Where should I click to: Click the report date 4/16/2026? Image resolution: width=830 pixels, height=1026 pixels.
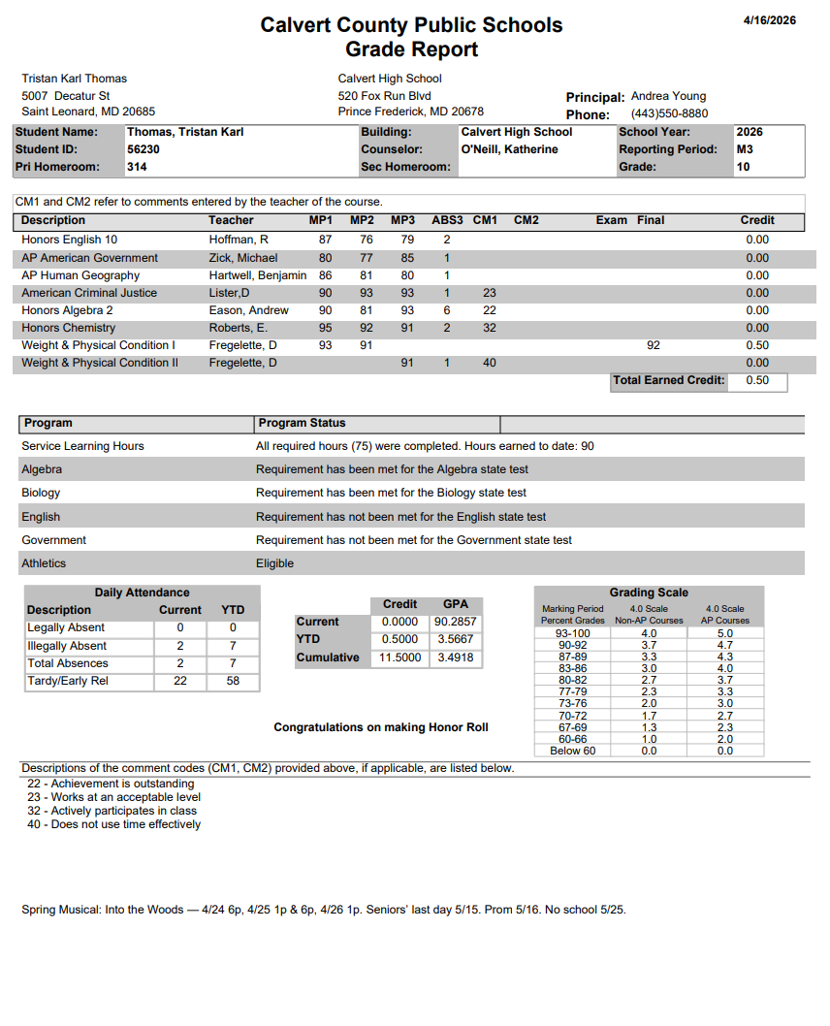(x=769, y=20)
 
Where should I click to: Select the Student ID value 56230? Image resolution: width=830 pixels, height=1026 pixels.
(x=144, y=149)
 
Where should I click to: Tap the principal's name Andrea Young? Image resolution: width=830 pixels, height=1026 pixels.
(x=668, y=96)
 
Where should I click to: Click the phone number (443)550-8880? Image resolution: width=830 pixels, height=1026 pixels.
(x=669, y=113)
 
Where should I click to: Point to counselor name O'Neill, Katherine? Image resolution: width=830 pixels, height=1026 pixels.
(x=509, y=149)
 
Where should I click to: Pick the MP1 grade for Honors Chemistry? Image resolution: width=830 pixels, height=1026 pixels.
(x=326, y=328)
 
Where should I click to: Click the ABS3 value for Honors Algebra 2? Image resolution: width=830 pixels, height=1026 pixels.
(x=447, y=310)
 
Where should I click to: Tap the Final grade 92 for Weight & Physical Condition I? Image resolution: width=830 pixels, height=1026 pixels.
(x=654, y=345)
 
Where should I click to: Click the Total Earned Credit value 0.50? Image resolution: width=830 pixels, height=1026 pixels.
(x=757, y=380)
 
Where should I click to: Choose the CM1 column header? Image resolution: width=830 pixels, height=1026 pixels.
(x=485, y=220)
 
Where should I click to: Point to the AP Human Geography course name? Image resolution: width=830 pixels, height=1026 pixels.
(x=80, y=275)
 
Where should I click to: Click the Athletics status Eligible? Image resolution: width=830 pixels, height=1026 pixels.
(x=274, y=563)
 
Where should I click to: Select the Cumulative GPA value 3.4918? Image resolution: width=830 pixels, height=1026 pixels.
(x=455, y=657)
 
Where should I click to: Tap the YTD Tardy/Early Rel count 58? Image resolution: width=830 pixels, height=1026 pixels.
(x=233, y=681)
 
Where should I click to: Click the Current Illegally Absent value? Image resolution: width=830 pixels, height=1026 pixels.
(x=180, y=646)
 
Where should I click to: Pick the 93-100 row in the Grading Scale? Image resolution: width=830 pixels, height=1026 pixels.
(x=573, y=633)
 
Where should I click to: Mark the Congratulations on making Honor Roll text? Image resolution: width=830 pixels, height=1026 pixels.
(x=381, y=727)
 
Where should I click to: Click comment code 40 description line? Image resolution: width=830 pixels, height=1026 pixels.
(x=114, y=824)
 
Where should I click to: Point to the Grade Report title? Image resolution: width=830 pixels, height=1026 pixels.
(x=411, y=49)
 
